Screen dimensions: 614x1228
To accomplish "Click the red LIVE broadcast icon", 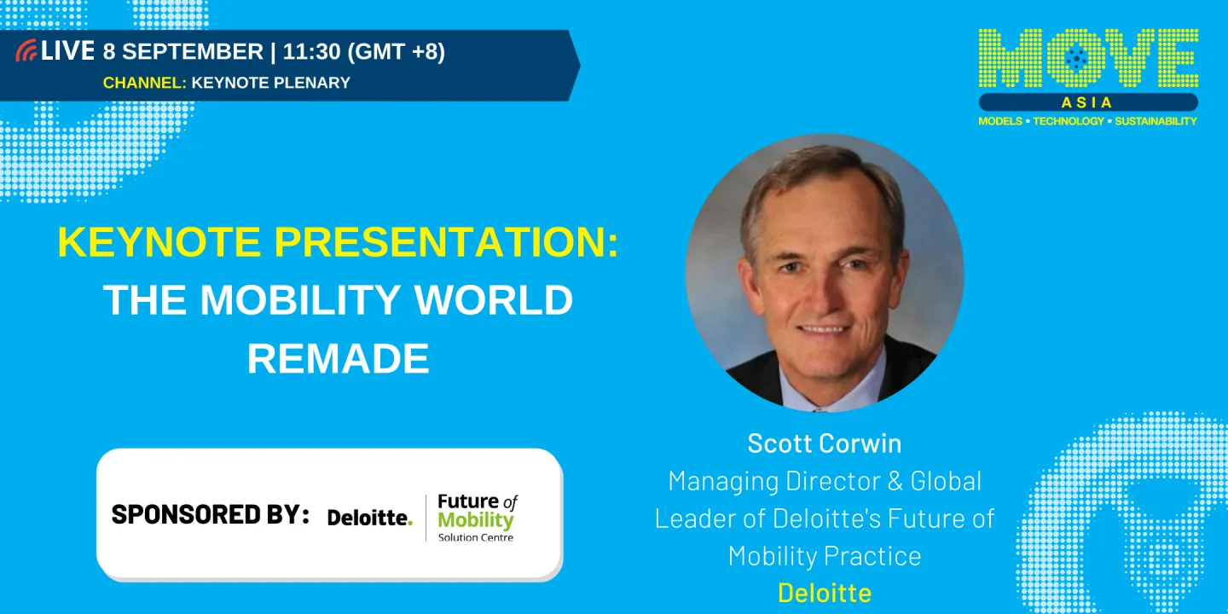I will pyautogui.click(x=26, y=51).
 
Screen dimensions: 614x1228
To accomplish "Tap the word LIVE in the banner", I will pyautogui.click(x=67, y=51).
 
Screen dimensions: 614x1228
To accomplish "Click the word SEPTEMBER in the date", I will pyautogui.click(x=192, y=52).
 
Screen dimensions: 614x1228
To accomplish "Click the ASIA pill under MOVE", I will pyautogui.click(x=1088, y=102).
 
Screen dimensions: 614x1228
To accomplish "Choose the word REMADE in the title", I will pyautogui.click(x=338, y=359).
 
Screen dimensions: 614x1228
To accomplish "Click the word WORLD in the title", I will pyautogui.click(x=503, y=300).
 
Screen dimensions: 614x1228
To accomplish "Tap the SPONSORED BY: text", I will pyautogui.click(x=210, y=514).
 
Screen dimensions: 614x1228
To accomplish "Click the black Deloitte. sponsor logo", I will pyautogui.click(x=369, y=517).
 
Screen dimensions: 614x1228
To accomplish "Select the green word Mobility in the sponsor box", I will pyautogui.click(x=475, y=520).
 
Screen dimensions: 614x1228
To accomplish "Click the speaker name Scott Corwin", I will pyautogui.click(x=824, y=443).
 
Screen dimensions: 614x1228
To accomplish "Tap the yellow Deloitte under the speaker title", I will pyautogui.click(x=824, y=593).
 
